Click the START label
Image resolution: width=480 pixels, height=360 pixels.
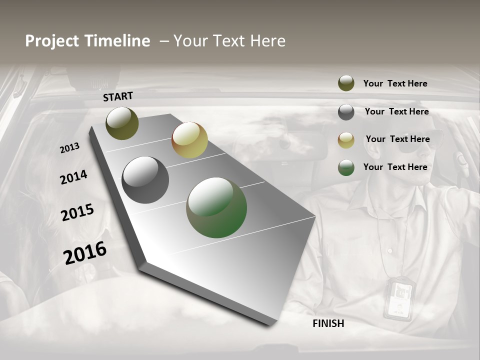pyautogui.click(x=118, y=96)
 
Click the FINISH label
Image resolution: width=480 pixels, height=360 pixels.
pyautogui.click(x=328, y=323)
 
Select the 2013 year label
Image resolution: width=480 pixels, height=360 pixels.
pyautogui.click(x=69, y=148)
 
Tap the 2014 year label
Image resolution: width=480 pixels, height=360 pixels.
pyautogui.click(x=73, y=177)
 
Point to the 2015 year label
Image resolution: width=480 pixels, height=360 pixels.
pyautogui.click(x=77, y=212)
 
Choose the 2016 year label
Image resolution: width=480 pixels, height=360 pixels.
pyautogui.click(x=85, y=252)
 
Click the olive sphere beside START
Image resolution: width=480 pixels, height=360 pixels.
pyautogui.click(x=122, y=123)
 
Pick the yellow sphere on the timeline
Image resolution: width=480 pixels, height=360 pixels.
pyautogui.click(x=189, y=140)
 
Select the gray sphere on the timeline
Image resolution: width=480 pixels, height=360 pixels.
pyautogui.click(x=145, y=180)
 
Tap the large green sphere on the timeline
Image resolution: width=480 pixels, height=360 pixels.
pyautogui.click(x=216, y=207)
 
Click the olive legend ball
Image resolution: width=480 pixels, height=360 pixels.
pyautogui.click(x=346, y=83)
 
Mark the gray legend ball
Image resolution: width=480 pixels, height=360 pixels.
pyautogui.click(x=346, y=112)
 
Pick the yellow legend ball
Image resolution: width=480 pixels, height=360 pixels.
pyautogui.click(x=346, y=140)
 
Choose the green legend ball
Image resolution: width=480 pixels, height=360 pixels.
pyautogui.click(x=346, y=167)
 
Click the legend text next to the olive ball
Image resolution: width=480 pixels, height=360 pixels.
pyautogui.click(x=395, y=83)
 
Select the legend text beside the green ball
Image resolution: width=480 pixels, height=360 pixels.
pyautogui.click(x=395, y=167)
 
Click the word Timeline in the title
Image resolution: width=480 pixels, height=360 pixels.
pyautogui.click(x=117, y=41)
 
